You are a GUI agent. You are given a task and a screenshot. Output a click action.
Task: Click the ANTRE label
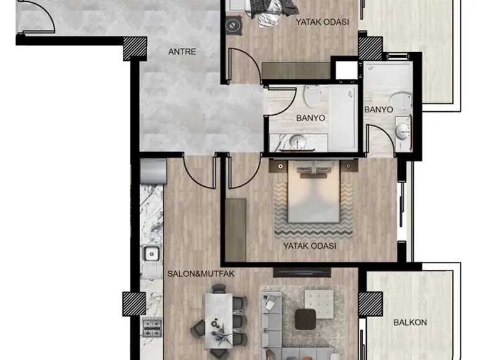tap(182, 52)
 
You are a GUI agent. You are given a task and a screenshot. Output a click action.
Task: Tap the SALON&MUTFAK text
tap(200, 274)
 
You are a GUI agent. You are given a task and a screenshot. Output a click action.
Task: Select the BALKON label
tap(410, 322)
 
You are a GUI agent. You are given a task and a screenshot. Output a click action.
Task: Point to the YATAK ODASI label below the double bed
tap(310, 246)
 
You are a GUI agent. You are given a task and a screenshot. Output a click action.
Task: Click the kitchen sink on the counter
tap(151, 254)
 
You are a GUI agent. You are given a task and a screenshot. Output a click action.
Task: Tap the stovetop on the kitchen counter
tap(152, 328)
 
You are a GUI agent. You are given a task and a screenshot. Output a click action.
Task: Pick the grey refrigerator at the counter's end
tap(153, 171)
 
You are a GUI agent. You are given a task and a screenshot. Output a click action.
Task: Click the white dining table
tap(218, 321)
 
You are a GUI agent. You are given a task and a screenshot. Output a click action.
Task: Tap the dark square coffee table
tap(305, 319)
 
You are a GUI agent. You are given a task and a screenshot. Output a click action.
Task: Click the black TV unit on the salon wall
tap(302, 272)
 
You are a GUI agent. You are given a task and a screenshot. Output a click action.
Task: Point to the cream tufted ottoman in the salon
tap(319, 304)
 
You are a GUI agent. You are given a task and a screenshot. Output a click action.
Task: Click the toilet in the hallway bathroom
tap(311, 96)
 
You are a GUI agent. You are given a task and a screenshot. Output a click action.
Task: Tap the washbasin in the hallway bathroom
tap(298, 142)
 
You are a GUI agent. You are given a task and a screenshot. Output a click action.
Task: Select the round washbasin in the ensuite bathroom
tap(402, 131)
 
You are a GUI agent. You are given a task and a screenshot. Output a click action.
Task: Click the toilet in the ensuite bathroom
tap(400, 101)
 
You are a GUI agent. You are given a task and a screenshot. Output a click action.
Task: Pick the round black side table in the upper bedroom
tap(233, 25)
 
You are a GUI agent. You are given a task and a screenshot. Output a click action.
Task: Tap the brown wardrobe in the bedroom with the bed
tap(236, 230)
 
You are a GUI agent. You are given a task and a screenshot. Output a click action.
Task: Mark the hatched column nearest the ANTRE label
tap(135, 48)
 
